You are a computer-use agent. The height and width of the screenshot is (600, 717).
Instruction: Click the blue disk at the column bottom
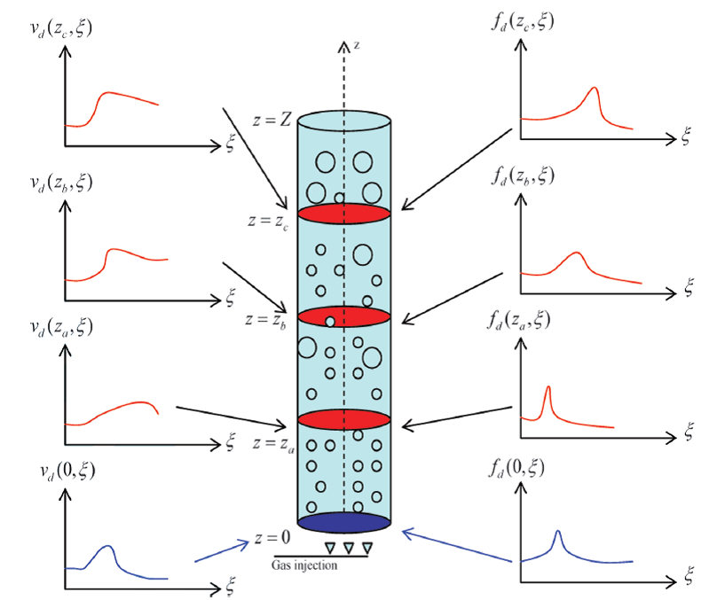[x=344, y=522]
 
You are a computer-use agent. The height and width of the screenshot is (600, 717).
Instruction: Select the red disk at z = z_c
[x=344, y=214]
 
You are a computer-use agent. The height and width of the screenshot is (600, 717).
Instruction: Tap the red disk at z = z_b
[x=344, y=316]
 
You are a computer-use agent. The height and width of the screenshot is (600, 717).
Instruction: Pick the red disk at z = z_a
[x=344, y=419]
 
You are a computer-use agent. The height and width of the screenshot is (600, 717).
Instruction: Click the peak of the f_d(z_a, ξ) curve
[x=548, y=387]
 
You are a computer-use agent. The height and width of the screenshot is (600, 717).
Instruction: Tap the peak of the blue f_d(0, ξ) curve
[x=557, y=532]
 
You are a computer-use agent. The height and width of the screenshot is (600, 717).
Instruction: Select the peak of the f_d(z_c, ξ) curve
[x=594, y=88]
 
